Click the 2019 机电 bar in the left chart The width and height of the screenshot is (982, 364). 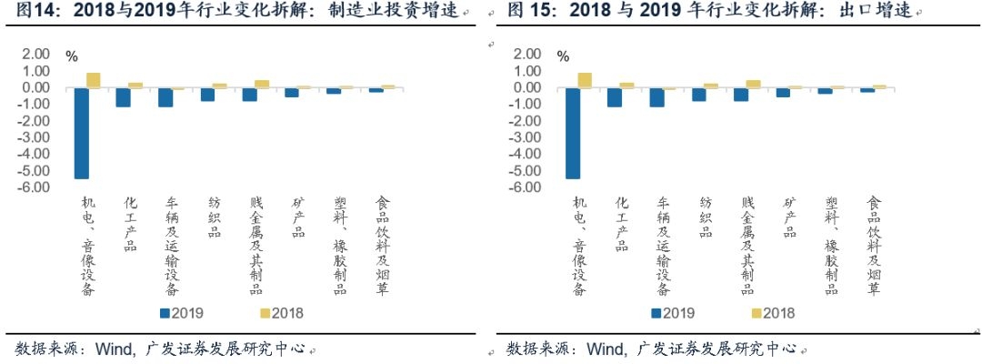click(x=82, y=133)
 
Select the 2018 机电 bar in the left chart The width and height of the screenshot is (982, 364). click(x=94, y=80)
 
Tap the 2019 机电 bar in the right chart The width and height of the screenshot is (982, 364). click(x=573, y=133)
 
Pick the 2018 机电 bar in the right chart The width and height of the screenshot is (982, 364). click(x=585, y=80)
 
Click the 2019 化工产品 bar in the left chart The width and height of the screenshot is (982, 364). click(x=123, y=97)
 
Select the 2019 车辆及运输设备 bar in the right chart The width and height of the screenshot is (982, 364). click(x=657, y=97)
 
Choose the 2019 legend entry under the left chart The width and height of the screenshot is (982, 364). click(x=182, y=313)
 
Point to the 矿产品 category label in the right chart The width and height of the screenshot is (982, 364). click(x=790, y=217)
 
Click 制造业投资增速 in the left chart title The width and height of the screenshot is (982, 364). click(x=410, y=12)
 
